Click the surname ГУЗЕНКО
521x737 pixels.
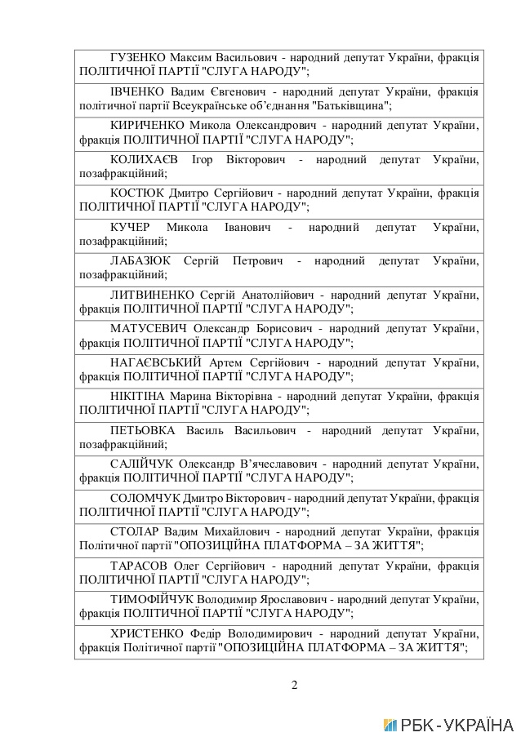(137, 58)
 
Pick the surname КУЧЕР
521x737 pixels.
(130, 228)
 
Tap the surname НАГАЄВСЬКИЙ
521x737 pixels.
(155, 363)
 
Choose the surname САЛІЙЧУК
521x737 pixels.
(143, 464)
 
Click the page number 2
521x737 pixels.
(294, 684)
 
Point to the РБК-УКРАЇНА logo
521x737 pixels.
(448, 725)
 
